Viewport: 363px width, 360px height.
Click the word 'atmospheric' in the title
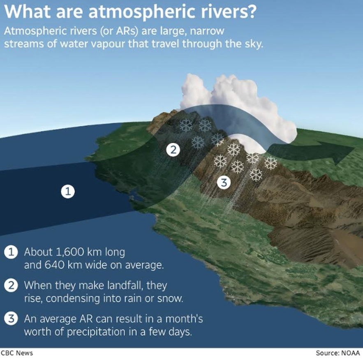(x=142, y=12)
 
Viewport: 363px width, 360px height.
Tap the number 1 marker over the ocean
(x=68, y=192)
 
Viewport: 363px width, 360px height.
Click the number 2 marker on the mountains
(x=173, y=150)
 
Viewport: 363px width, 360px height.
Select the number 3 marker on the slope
(x=224, y=182)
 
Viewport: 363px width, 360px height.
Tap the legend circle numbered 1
(x=11, y=252)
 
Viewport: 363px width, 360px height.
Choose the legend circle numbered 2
(x=11, y=286)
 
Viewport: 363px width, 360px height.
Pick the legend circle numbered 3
(x=11, y=319)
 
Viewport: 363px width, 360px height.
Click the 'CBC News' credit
(x=17, y=353)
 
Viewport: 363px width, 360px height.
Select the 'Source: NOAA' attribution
(x=338, y=353)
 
